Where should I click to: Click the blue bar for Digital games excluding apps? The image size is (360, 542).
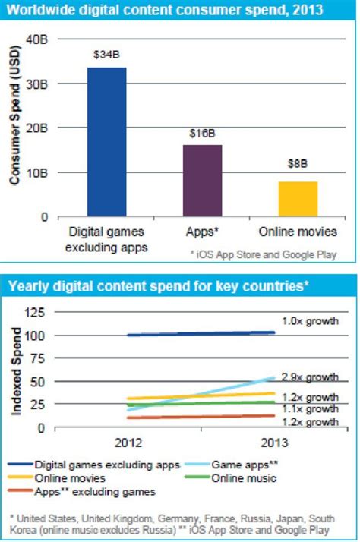click(x=107, y=141)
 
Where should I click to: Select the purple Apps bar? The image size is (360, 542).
click(x=202, y=180)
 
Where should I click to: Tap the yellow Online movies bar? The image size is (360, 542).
click(x=298, y=199)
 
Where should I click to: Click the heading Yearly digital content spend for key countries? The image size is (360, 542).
click(x=159, y=286)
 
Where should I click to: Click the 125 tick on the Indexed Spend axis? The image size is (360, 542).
click(x=36, y=312)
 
